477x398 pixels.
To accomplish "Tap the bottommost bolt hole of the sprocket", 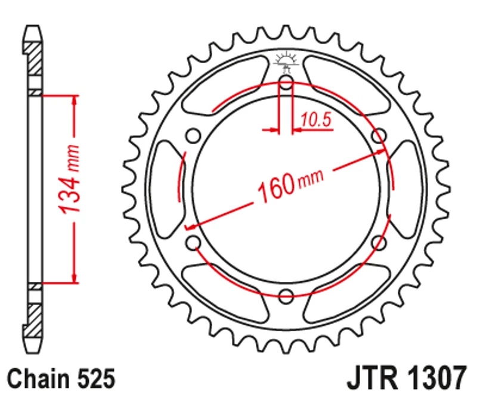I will pyautogui.click(x=286, y=295).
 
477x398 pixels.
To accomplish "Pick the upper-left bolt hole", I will pyautogui.click(x=193, y=136).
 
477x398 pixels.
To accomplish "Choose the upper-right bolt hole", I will pyautogui.click(x=378, y=136).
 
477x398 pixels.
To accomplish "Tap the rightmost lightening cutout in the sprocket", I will pyautogui.click(x=405, y=189).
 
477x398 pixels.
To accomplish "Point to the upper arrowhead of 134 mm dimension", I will pyautogui.click(x=75, y=101).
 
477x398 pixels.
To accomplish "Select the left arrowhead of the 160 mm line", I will pyautogui.click(x=192, y=226).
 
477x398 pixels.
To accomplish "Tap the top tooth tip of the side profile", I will pyautogui.click(x=34, y=28).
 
